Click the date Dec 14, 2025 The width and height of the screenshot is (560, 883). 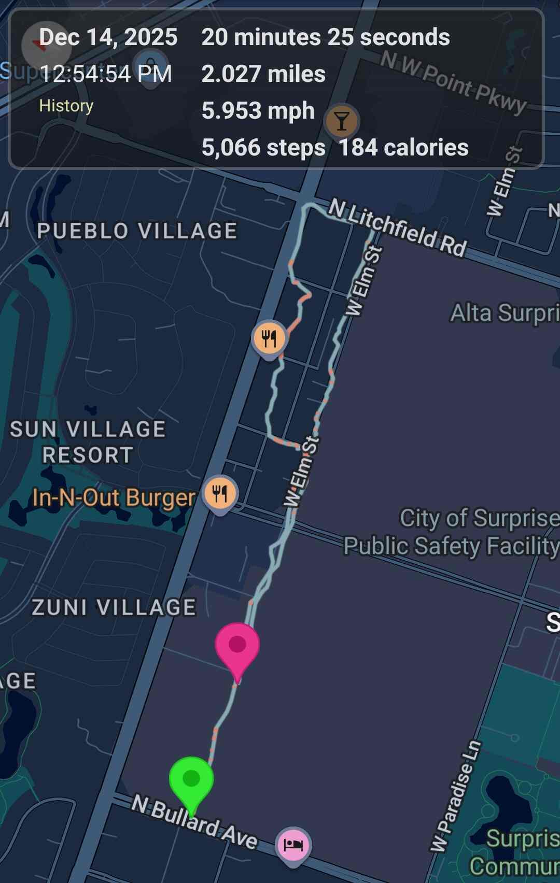[108, 37]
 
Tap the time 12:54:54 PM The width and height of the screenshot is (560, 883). [106, 74]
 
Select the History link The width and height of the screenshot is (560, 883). [66, 106]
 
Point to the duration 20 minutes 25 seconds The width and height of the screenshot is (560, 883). [326, 37]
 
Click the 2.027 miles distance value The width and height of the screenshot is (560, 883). [263, 74]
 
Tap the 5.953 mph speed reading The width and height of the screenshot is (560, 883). [258, 110]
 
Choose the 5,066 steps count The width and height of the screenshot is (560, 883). [263, 148]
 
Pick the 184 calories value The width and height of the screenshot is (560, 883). [403, 148]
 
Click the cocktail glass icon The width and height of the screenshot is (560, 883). [341, 121]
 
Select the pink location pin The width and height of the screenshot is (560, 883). [237, 647]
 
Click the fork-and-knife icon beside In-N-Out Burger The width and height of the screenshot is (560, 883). [220, 493]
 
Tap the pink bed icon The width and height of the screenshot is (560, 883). [293, 845]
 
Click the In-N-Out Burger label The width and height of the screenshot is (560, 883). [114, 498]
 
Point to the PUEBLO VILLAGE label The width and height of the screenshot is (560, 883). [137, 231]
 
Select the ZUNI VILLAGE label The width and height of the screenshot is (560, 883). [114, 607]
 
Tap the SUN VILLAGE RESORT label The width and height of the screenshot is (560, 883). [88, 442]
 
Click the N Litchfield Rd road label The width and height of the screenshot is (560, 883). [398, 228]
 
